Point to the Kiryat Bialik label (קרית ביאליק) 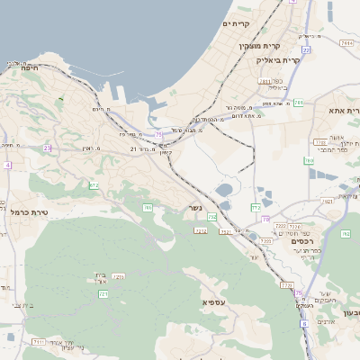tap(277, 59)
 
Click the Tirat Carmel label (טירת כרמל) tap(30, 212)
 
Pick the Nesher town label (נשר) tap(194, 207)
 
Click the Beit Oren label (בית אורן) tap(101, 278)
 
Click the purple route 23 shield tap(48, 148)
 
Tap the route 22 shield tap(306, 50)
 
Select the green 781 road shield tap(265, 82)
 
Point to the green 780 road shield tap(310, 161)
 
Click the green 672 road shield tap(93, 186)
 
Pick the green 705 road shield tap(147, 208)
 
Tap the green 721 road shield tap(103, 293)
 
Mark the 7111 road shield tap(39, 343)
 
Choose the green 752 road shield tap(212, 217)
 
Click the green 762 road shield tap(345, 234)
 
